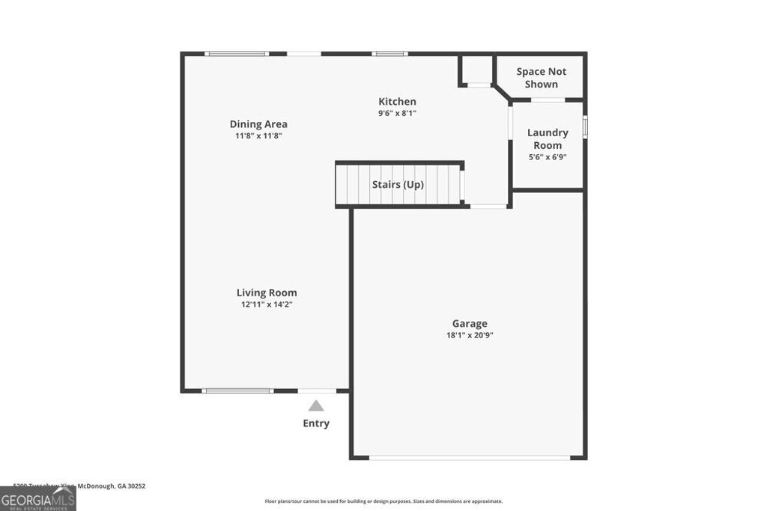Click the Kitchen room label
point(397,102)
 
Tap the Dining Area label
point(258,124)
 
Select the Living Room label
point(267,293)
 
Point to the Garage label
point(470,323)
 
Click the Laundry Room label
point(548,138)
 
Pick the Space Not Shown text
point(542,78)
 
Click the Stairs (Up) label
point(398,183)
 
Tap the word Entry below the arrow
point(316,423)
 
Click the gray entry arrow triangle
point(316,406)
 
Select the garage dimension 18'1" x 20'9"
point(470,335)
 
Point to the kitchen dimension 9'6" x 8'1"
point(397,114)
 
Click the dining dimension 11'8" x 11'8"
point(258,136)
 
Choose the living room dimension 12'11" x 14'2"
point(267,305)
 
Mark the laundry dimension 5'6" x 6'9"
point(548,157)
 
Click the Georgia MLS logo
point(37,499)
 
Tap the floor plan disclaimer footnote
point(383,501)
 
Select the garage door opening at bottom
point(470,458)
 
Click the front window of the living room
point(237,391)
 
